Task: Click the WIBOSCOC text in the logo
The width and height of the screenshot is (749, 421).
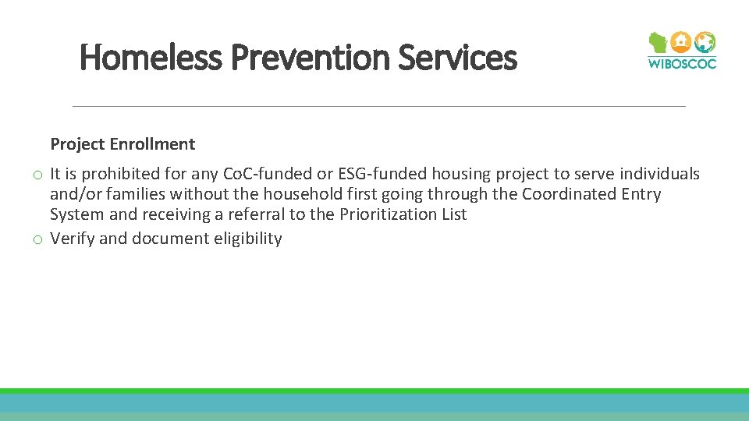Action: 682,63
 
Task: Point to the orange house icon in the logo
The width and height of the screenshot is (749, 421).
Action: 682,41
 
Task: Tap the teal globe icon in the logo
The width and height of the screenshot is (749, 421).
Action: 705,41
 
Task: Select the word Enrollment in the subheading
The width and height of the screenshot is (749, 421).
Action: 152,144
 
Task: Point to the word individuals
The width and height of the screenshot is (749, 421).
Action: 659,174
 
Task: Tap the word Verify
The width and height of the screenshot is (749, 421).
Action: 72,239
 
